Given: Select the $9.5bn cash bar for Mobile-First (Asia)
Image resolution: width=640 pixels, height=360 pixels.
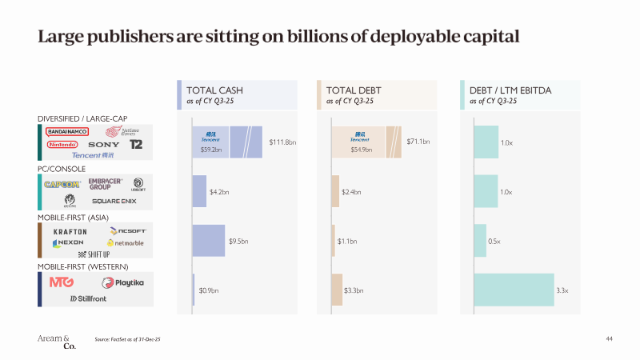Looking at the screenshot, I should pos(208,241).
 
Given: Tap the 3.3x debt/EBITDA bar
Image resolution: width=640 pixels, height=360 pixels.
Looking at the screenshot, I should pos(514,290).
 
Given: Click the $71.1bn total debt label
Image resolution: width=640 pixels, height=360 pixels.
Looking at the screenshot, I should pos(418,142).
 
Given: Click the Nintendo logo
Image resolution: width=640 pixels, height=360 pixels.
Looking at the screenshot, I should pos(62,145).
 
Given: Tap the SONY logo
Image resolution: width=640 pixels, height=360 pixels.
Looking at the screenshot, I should pos(104,145).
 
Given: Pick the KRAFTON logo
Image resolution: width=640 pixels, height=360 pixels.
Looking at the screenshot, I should pos(70,232).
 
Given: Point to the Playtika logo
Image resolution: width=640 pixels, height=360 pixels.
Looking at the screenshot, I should pos(122,282).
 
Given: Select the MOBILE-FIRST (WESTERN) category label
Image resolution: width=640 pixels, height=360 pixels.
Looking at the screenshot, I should pos(83,266).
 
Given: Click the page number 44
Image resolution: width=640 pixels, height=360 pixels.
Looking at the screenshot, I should pos(609,339).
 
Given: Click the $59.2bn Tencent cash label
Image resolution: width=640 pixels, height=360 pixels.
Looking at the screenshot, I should pos(210,150).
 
